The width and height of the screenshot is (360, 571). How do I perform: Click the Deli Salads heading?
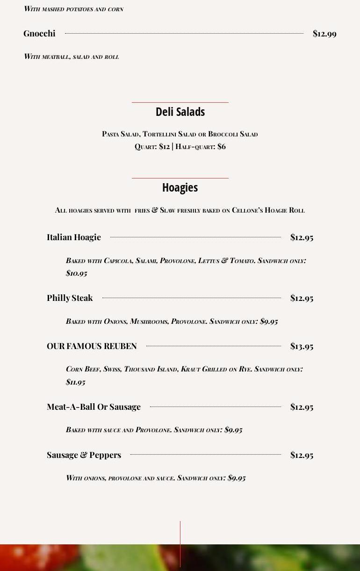point(180,112)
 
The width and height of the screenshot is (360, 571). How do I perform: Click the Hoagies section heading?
point(180,188)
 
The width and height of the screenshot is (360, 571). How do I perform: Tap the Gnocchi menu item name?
point(39,34)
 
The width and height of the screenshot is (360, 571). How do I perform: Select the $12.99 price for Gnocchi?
point(324,34)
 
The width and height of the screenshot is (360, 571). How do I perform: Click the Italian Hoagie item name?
point(74,237)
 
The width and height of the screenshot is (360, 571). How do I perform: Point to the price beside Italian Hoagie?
point(302,237)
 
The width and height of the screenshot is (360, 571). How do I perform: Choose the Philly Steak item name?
point(70,298)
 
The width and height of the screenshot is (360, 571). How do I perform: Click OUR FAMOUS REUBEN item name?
point(92,346)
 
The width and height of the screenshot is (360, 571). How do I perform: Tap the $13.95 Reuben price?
point(302,346)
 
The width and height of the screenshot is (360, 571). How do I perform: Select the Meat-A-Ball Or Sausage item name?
point(94,407)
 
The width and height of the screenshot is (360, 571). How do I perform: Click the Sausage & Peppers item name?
point(84,455)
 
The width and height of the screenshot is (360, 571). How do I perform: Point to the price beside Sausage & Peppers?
point(302,455)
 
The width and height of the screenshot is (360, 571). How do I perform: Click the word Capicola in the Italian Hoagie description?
point(118,261)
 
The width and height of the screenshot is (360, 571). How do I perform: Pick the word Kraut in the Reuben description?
point(190,369)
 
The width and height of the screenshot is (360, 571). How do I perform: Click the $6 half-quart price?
point(222,147)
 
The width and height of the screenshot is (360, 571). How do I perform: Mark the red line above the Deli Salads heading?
point(180,102)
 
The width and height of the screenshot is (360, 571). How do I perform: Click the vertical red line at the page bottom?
point(180,542)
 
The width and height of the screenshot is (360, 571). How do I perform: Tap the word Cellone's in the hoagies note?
point(247,210)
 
